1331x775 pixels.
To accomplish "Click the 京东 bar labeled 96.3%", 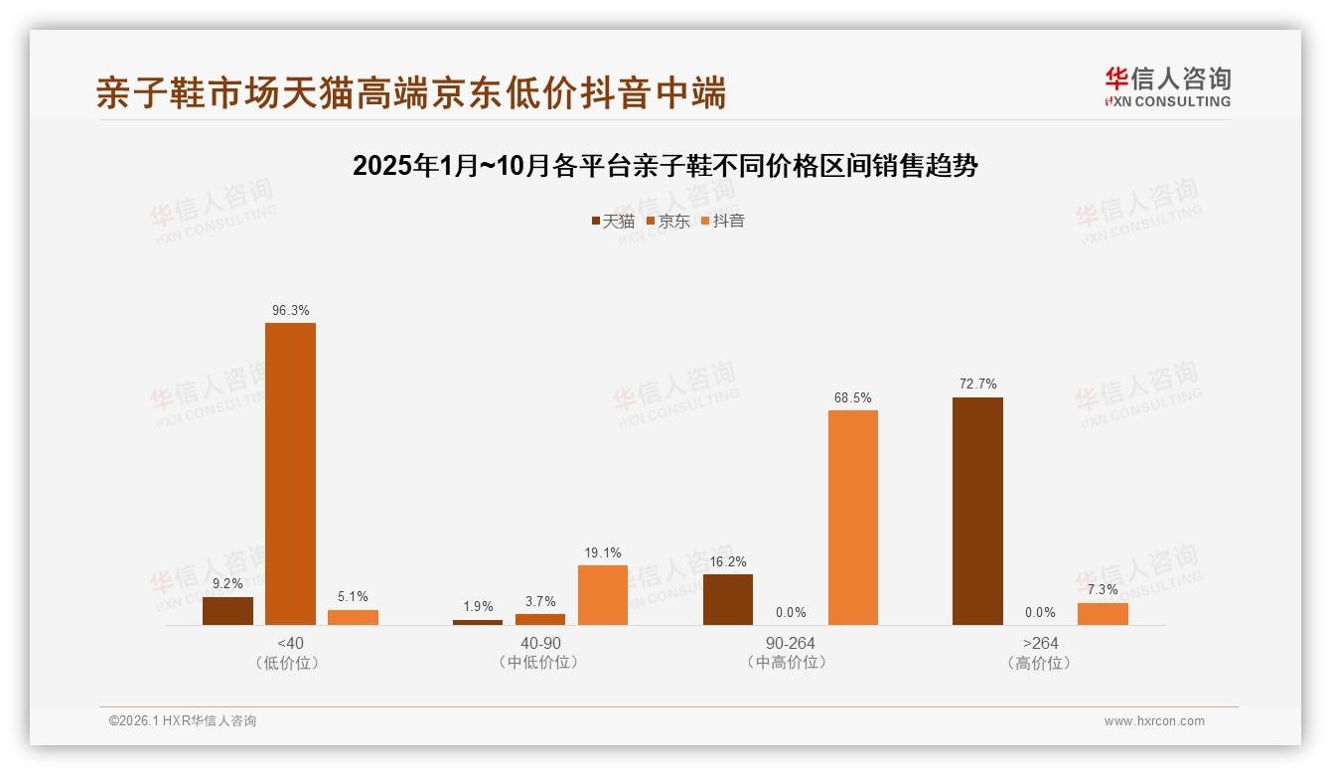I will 290,474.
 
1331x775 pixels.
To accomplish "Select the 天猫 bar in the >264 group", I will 977,511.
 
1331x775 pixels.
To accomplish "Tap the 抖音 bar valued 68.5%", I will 852,518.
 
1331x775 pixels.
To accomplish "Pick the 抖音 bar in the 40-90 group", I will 603,595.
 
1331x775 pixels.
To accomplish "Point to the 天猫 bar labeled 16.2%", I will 728,599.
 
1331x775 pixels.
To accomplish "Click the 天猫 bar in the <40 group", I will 227,611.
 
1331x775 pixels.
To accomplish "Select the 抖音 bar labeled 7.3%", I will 1103,614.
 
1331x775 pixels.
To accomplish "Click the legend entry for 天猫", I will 613,221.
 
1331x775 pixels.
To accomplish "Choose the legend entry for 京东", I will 668,221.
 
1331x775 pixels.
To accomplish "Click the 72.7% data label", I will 977,385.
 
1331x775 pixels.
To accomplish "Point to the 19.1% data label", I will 603,552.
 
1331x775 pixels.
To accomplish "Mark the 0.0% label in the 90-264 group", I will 791,613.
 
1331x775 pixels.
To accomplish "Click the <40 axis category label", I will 290,643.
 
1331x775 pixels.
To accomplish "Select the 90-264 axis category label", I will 791,643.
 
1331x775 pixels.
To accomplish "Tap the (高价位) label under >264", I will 1040,663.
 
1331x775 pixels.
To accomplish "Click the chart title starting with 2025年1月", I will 665,166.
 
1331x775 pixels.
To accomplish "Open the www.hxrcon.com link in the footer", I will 1154,721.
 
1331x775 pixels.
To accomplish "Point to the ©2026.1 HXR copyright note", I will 183,721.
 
